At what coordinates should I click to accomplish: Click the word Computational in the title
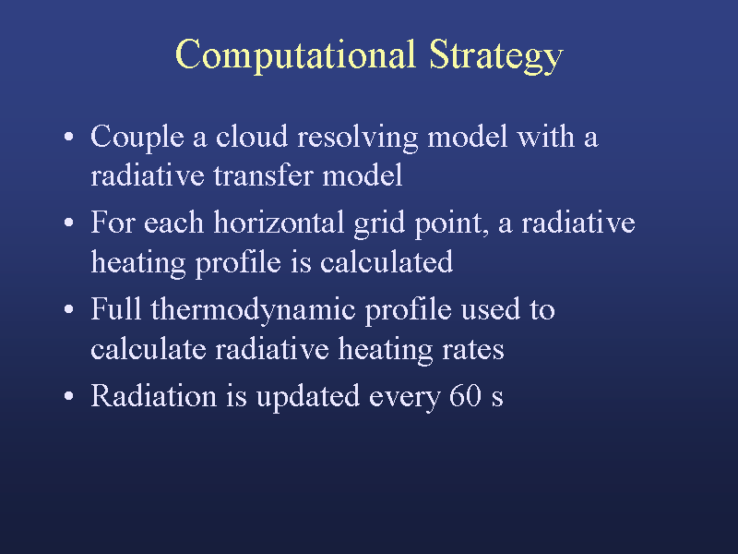click(295, 55)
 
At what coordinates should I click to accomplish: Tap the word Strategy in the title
click(496, 56)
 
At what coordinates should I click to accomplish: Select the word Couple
click(137, 138)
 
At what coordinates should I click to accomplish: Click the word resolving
click(358, 138)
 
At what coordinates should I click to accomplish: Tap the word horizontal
click(279, 222)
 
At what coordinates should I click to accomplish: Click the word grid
click(379, 223)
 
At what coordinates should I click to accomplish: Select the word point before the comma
click(450, 223)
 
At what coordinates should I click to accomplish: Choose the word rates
click(473, 351)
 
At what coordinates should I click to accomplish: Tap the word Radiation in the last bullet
click(153, 395)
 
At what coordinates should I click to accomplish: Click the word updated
click(308, 397)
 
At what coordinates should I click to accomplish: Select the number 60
click(465, 395)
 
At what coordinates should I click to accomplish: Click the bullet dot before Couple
click(68, 137)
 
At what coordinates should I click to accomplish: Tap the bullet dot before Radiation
click(68, 396)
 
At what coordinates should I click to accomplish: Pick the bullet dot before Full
click(68, 309)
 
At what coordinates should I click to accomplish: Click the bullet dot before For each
click(68, 223)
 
